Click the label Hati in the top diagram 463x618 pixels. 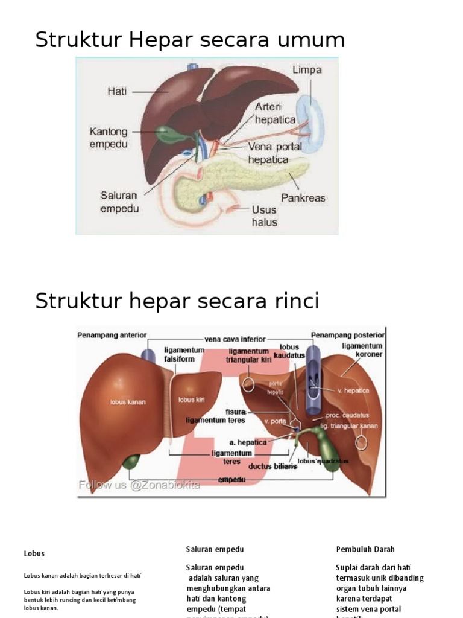[x=117, y=92]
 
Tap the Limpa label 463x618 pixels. [x=307, y=69]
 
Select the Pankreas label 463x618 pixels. [x=303, y=197]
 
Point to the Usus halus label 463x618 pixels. [x=265, y=216]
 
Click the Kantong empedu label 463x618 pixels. [x=109, y=138]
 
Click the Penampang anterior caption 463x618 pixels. [x=112, y=335]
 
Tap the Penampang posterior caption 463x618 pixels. [x=348, y=335]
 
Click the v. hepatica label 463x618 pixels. [x=353, y=390]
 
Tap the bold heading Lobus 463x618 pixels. [x=34, y=553]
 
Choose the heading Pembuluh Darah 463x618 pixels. [x=365, y=549]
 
